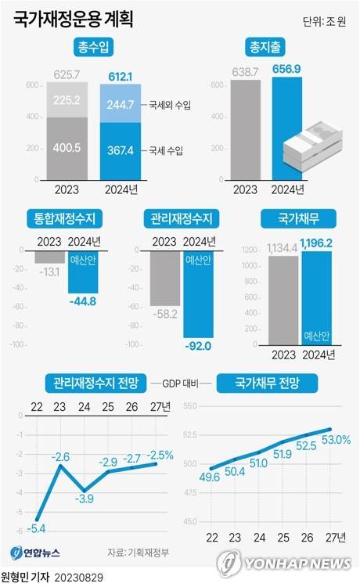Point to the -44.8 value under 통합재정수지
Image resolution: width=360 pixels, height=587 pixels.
coord(82,301)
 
